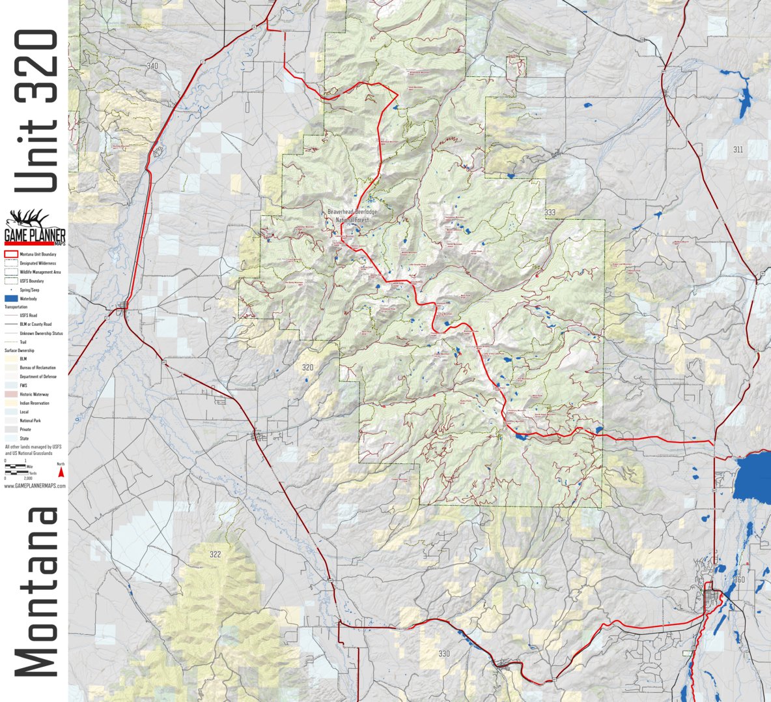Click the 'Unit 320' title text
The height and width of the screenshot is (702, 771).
(x=36, y=111)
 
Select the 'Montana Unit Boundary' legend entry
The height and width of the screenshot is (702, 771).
(x=37, y=254)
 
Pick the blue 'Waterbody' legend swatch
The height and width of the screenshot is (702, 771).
(x=10, y=299)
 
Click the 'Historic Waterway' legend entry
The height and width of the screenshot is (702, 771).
(x=34, y=394)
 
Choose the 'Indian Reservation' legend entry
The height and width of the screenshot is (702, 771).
(x=35, y=403)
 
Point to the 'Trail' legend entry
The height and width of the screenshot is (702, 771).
(x=23, y=342)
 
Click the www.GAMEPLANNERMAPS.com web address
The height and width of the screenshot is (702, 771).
(x=35, y=486)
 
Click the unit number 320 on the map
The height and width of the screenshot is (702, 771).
(x=307, y=368)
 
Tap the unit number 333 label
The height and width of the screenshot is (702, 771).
(x=550, y=212)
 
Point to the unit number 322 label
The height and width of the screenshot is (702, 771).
(x=215, y=555)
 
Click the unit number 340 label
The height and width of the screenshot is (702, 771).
(x=152, y=66)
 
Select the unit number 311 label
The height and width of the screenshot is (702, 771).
(x=737, y=149)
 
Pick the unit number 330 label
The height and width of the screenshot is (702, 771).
(x=443, y=654)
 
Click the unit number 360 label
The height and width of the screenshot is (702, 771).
(x=738, y=580)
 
